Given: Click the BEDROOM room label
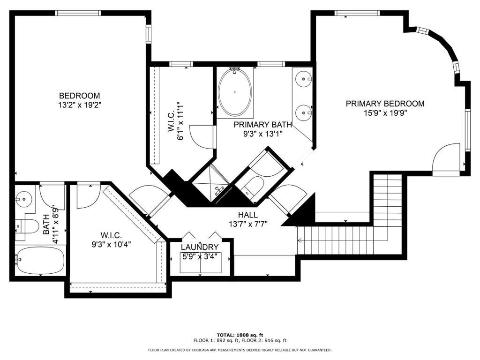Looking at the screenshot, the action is [x=79, y=96].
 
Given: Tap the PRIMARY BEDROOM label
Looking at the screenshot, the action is [x=385, y=104].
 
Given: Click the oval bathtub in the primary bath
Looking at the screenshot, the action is [x=235, y=92].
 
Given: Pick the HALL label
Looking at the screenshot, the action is [x=248, y=215].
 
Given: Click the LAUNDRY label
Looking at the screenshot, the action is [x=200, y=247].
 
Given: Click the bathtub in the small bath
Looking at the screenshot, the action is [x=40, y=261].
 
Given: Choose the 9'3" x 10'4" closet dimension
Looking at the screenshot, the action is [x=112, y=245].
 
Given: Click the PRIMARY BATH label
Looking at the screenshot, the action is [x=262, y=125].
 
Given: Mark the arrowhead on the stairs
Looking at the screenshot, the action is [x=300, y=240].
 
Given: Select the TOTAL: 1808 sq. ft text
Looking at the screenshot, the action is [x=240, y=335].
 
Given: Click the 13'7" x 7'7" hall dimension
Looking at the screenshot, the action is [x=248, y=224].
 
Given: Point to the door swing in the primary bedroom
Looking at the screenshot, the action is [x=446, y=159].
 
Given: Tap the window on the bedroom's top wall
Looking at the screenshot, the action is [x=78, y=13].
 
